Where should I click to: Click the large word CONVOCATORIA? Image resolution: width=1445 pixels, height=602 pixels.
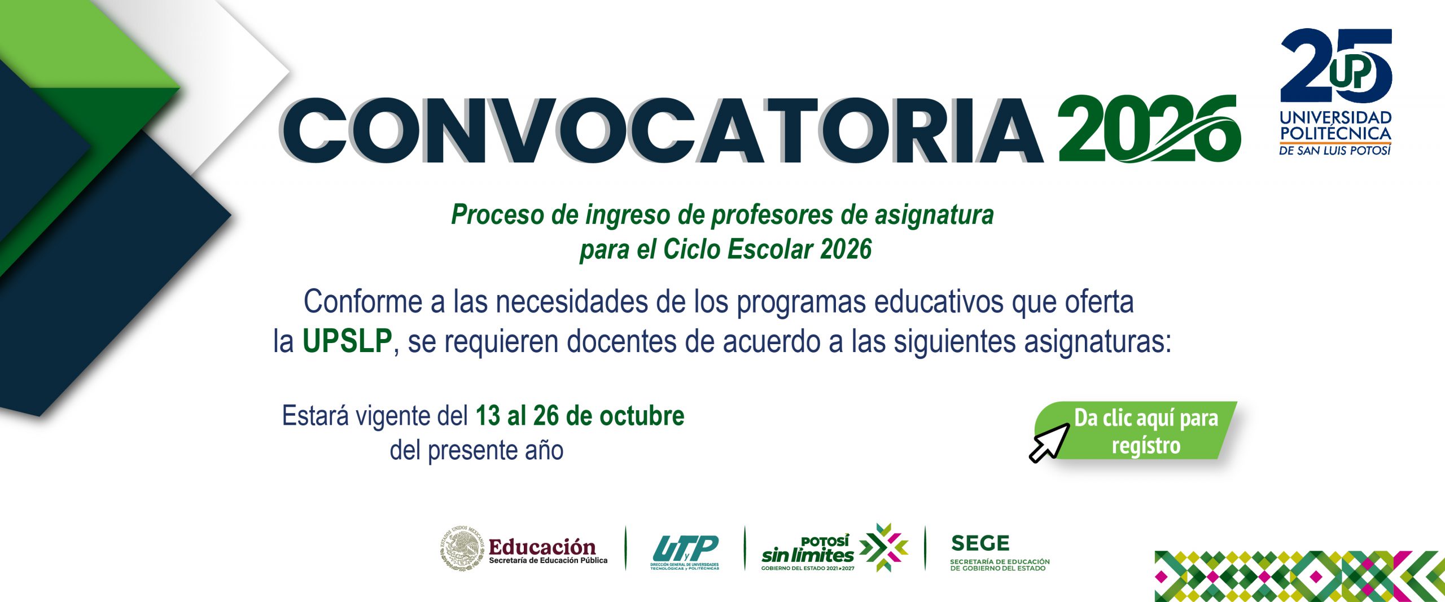pyautogui.click(x=660, y=131)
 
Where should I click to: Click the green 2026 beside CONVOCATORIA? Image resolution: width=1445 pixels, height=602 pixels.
pyautogui.click(x=1150, y=129)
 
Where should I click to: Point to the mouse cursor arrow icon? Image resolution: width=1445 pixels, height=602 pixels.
pyautogui.click(x=1049, y=443)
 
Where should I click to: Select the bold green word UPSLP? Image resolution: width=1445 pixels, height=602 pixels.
pyautogui.click(x=347, y=341)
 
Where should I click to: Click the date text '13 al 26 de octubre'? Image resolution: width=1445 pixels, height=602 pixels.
pyautogui.click(x=580, y=416)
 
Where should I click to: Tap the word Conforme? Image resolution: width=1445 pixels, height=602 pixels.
pyautogui.click(x=363, y=302)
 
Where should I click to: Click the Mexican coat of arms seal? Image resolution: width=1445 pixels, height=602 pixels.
pyautogui.click(x=462, y=547)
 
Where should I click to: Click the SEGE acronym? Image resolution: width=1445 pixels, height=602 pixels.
pyautogui.click(x=980, y=543)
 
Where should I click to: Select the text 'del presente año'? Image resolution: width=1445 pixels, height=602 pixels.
pyautogui.click(x=476, y=450)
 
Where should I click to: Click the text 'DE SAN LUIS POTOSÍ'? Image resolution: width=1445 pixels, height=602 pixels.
pyautogui.click(x=1335, y=151)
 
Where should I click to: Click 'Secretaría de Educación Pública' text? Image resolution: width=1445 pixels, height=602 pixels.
pyautogui.click(x=548, y=560)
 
